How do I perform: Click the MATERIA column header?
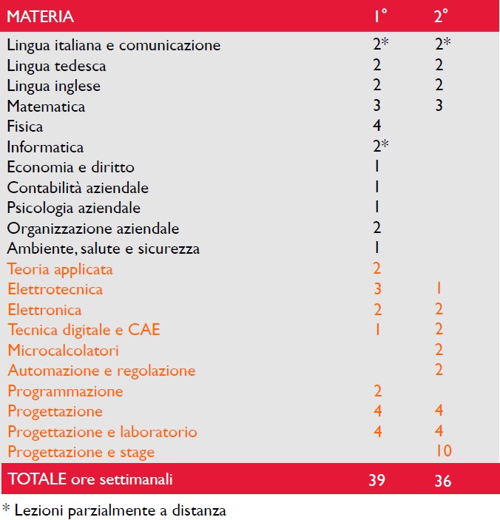[x=40, y=16]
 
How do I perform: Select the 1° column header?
[x=380, y=16]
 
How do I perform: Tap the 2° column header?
[x=441, y=16]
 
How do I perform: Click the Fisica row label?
[x=25, y=126]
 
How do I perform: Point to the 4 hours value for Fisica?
[x=376, y=125]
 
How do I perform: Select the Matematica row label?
[x=46, y=107]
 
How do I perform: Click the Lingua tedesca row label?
[x=56, y=67]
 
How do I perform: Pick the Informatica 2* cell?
[x=380, y=146]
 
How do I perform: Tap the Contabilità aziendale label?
[x=78, y=188]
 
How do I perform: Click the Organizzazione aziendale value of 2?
[x=376, y=228]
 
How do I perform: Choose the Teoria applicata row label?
[x=60, y=269]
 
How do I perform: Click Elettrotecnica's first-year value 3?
[x=377, y=289]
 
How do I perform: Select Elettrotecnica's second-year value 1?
[x=439, y=288]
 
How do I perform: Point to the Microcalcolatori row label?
[x=63, y=351]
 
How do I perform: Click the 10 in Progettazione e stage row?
[x=443, y=450]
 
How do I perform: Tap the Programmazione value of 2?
[x=377, y=391]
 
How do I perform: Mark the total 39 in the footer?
[x=377, y=480]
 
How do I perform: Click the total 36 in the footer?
[x=443, y=481]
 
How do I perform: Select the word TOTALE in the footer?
[x=37, y=479]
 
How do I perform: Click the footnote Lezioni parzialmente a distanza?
[x=121, y=510]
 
